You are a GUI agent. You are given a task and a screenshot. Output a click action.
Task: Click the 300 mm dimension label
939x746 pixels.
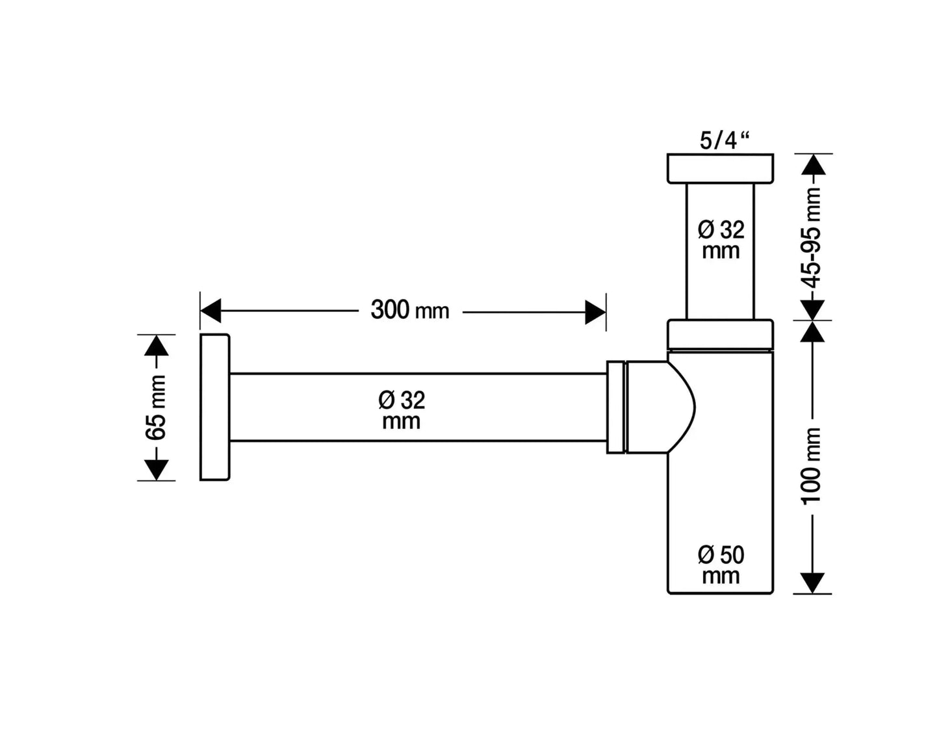coord(409,310)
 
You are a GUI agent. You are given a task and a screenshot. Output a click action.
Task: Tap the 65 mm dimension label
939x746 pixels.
coord(157,408)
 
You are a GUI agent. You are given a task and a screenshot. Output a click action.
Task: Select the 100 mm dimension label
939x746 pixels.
coord(812,465)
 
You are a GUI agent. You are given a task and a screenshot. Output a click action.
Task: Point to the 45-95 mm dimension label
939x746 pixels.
coord(812,237)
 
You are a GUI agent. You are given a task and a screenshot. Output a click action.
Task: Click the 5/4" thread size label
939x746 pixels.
coord(724,141)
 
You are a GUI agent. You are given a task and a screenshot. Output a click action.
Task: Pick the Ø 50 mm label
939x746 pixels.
coord(721,565)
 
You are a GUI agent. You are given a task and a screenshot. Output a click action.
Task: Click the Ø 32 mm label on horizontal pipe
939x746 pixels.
coord(402,410)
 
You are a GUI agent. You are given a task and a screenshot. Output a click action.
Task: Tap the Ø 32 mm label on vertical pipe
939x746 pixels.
coord(721,240)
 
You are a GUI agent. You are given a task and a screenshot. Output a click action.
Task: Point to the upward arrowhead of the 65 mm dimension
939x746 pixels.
coord(156,346)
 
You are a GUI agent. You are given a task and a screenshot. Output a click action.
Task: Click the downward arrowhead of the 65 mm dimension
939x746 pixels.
coord(156,469)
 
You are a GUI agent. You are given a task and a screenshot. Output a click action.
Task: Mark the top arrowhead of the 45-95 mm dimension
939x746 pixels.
coord(813,165)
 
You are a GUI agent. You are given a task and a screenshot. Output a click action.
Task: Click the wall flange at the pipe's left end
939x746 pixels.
coord(214,407)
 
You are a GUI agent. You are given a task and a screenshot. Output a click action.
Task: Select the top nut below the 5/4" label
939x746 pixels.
coord(720,168)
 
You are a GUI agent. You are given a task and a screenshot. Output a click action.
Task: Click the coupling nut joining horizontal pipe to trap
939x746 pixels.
coord(615,407)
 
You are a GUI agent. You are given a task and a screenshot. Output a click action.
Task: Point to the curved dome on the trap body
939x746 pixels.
coord(680,407)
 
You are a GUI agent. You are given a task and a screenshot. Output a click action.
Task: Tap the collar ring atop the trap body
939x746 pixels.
coord(720,334)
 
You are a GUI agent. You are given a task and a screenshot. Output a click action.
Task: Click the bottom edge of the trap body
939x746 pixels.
coord(721,593)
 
